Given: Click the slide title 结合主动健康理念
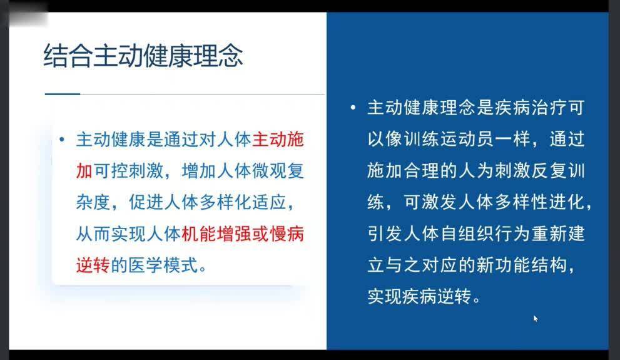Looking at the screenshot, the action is tap(143, 56).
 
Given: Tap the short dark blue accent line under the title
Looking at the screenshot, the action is tap(63, 94).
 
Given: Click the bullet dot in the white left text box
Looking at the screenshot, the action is tap(62, 139).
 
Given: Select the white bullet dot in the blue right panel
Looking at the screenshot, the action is tap(353, 107).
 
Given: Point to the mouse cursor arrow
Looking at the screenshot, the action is tap(536, 319).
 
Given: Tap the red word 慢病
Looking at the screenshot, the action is tap(287, 234).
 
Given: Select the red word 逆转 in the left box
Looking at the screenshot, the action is tap(93, 265).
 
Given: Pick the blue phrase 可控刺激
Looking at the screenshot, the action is tap(128, 171).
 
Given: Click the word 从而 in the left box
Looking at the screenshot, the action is tap(93, 234).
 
